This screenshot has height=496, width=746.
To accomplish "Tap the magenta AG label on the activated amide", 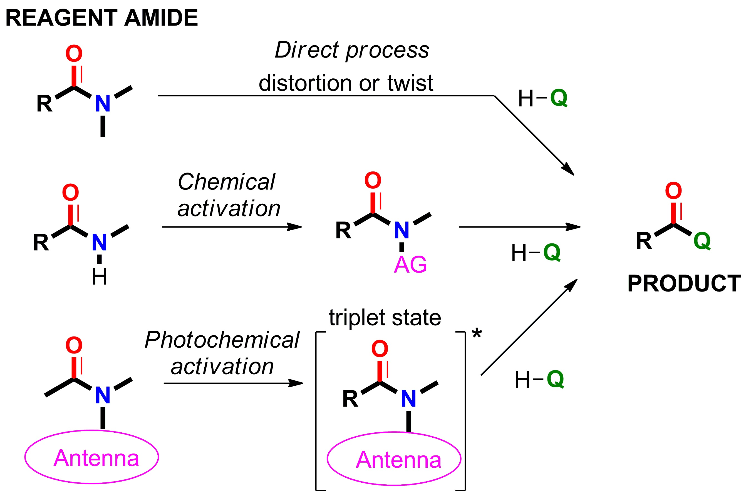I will [x=410, y=265].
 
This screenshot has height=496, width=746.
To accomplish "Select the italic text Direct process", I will [x=351, y=50].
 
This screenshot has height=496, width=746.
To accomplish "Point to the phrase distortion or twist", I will [x=346, y=83].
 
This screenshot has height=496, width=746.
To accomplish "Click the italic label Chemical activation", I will [x=229, y=195].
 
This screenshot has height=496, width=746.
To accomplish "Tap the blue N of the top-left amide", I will [x=103, y=103].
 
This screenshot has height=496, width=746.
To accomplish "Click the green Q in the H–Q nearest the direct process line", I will [x=559, y=98].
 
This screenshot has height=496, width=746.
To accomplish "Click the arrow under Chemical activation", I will [x=231, y=227].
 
